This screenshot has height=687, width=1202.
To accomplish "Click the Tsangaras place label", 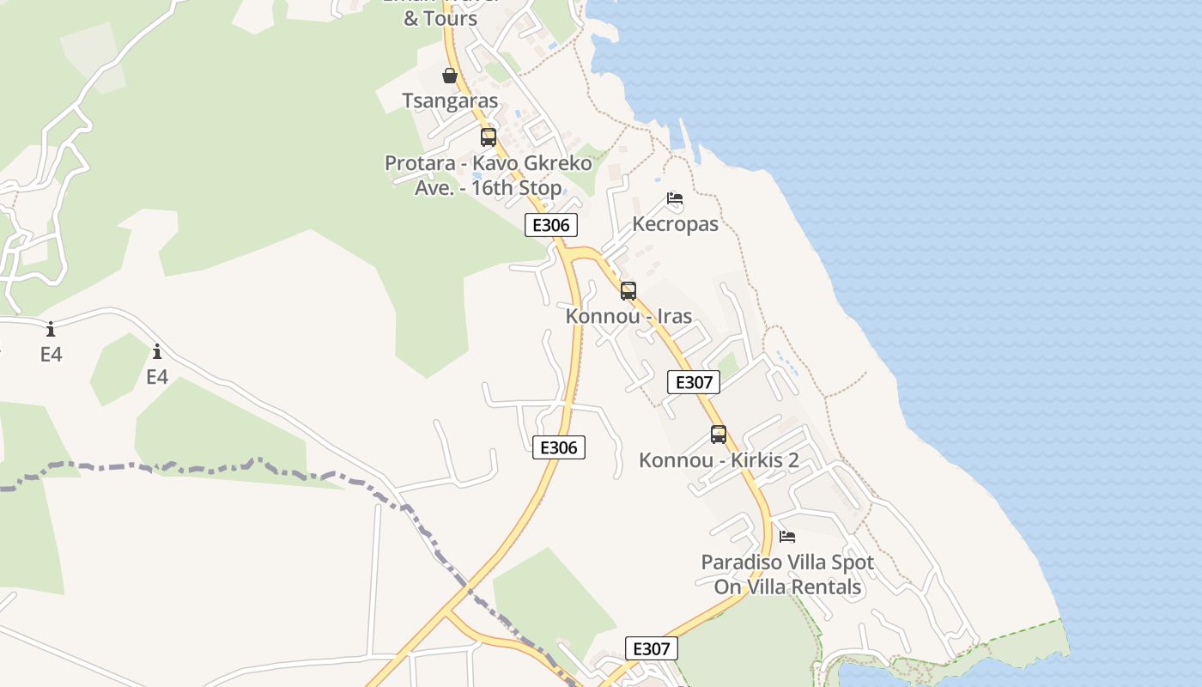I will click(x=450, y=100).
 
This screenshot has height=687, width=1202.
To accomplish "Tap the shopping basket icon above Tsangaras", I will click(x=450, y=76).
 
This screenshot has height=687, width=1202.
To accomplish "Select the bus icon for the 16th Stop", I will click(x=489, y=137).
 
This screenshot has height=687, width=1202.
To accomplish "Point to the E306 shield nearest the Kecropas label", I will click(x=551, y=225).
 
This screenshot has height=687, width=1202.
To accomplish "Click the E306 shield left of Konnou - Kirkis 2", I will click(x=559, y=447).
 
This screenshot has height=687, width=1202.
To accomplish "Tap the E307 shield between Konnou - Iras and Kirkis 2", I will click(x=694, y=382).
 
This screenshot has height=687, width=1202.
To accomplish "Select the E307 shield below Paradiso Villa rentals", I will click(x=651, y=648).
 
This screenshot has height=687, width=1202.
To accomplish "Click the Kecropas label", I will click(x=675, y=224).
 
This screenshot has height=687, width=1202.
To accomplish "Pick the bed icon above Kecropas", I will click(x=675, y=198).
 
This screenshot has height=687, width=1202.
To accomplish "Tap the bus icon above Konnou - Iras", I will click(x=628, y=291).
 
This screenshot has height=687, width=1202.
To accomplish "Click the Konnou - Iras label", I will click(x=628, y=316).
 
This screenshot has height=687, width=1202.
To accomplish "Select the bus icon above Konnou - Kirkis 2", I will click(x=719, y=435).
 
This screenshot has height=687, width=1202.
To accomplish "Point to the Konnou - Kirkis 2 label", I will click(x=719, y=460).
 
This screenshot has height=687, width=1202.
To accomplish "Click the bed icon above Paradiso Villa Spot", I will click(x=787, y=537).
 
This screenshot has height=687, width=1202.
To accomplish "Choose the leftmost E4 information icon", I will click(x=51, y=329).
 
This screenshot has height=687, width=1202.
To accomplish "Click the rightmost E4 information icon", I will click(x=157, y=351).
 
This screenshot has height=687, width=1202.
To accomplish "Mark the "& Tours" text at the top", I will click(x=440, y=18).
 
